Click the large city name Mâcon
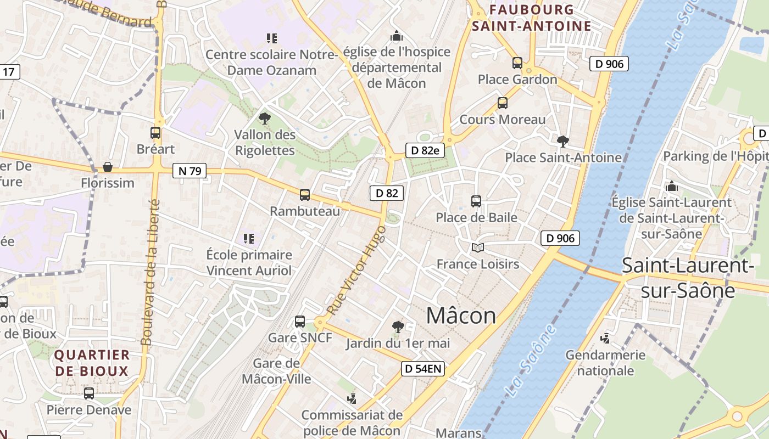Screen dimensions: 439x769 click(461, 316)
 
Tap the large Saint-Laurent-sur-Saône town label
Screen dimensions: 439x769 click(688, 278)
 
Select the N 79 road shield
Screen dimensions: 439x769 click(190, 171)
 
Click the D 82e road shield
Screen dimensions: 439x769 click(425, 150)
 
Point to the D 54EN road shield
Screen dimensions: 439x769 click(422, 369)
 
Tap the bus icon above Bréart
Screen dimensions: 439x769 click(155, 132)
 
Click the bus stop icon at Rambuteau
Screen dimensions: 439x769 click(305, 194)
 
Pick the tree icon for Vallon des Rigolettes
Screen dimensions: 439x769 click(265, 118)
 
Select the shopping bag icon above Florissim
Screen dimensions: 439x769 click(108, 166)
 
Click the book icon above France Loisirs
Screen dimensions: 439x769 click(477, 248)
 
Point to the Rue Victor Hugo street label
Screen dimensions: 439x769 click(356, 270)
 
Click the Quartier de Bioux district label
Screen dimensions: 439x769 click(92, 363)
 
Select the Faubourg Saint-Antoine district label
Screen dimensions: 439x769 click(531, 18)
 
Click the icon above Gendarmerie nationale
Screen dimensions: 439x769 click(605, 338)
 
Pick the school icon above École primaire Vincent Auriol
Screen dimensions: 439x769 click(249, 239)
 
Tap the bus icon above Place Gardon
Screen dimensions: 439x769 click(517, 63)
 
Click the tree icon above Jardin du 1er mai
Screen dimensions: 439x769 click(398, 327)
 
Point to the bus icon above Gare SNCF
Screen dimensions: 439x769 click(300, 322)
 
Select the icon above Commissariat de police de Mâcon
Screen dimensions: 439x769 click(352, 398)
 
